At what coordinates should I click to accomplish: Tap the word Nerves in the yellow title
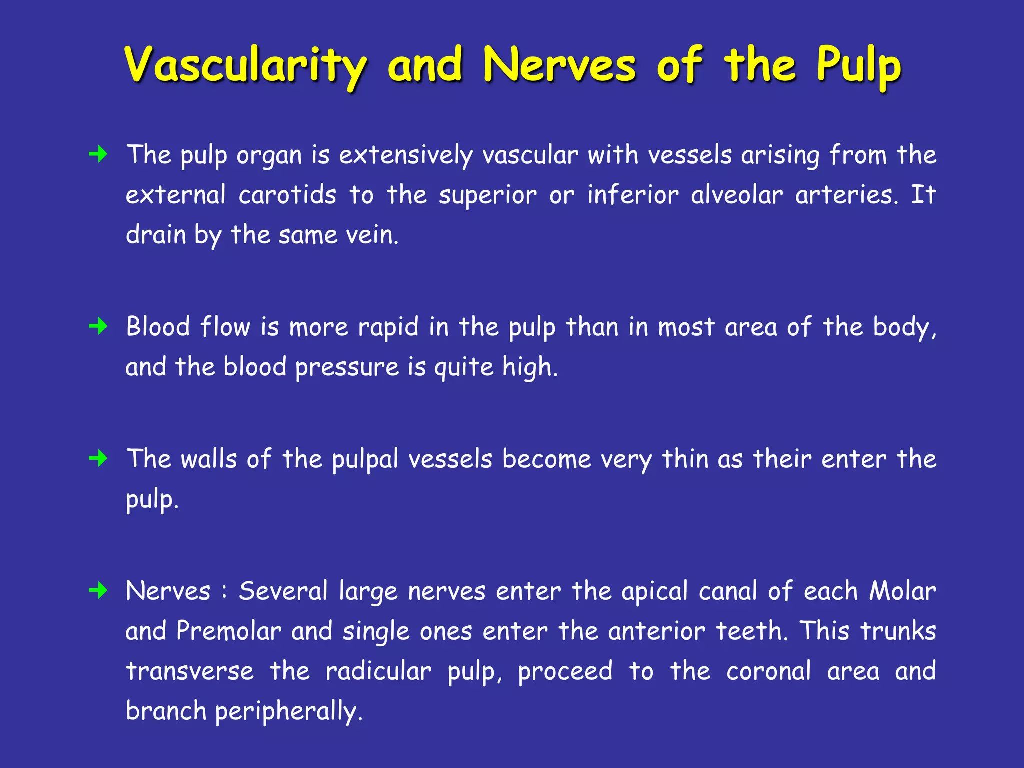[559, 65]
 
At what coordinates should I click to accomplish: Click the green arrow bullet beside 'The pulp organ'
[98, 154]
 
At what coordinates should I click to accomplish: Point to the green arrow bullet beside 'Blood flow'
[98, 327]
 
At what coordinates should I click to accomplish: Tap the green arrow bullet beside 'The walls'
[98, 458]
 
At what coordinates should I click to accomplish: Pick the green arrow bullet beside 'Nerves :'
[98, 591]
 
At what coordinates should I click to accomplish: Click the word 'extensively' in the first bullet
[405, 155]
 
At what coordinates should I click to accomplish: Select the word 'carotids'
[287, 195]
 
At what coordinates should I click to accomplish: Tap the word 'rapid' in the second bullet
[388, 327]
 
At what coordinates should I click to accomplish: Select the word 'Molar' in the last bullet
[902, 591]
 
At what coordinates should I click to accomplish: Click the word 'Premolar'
[229, 631]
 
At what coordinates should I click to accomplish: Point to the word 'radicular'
[378, 671]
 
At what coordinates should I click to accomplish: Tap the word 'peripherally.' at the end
[288, 712]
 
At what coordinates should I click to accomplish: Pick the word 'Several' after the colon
[283, 591]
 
